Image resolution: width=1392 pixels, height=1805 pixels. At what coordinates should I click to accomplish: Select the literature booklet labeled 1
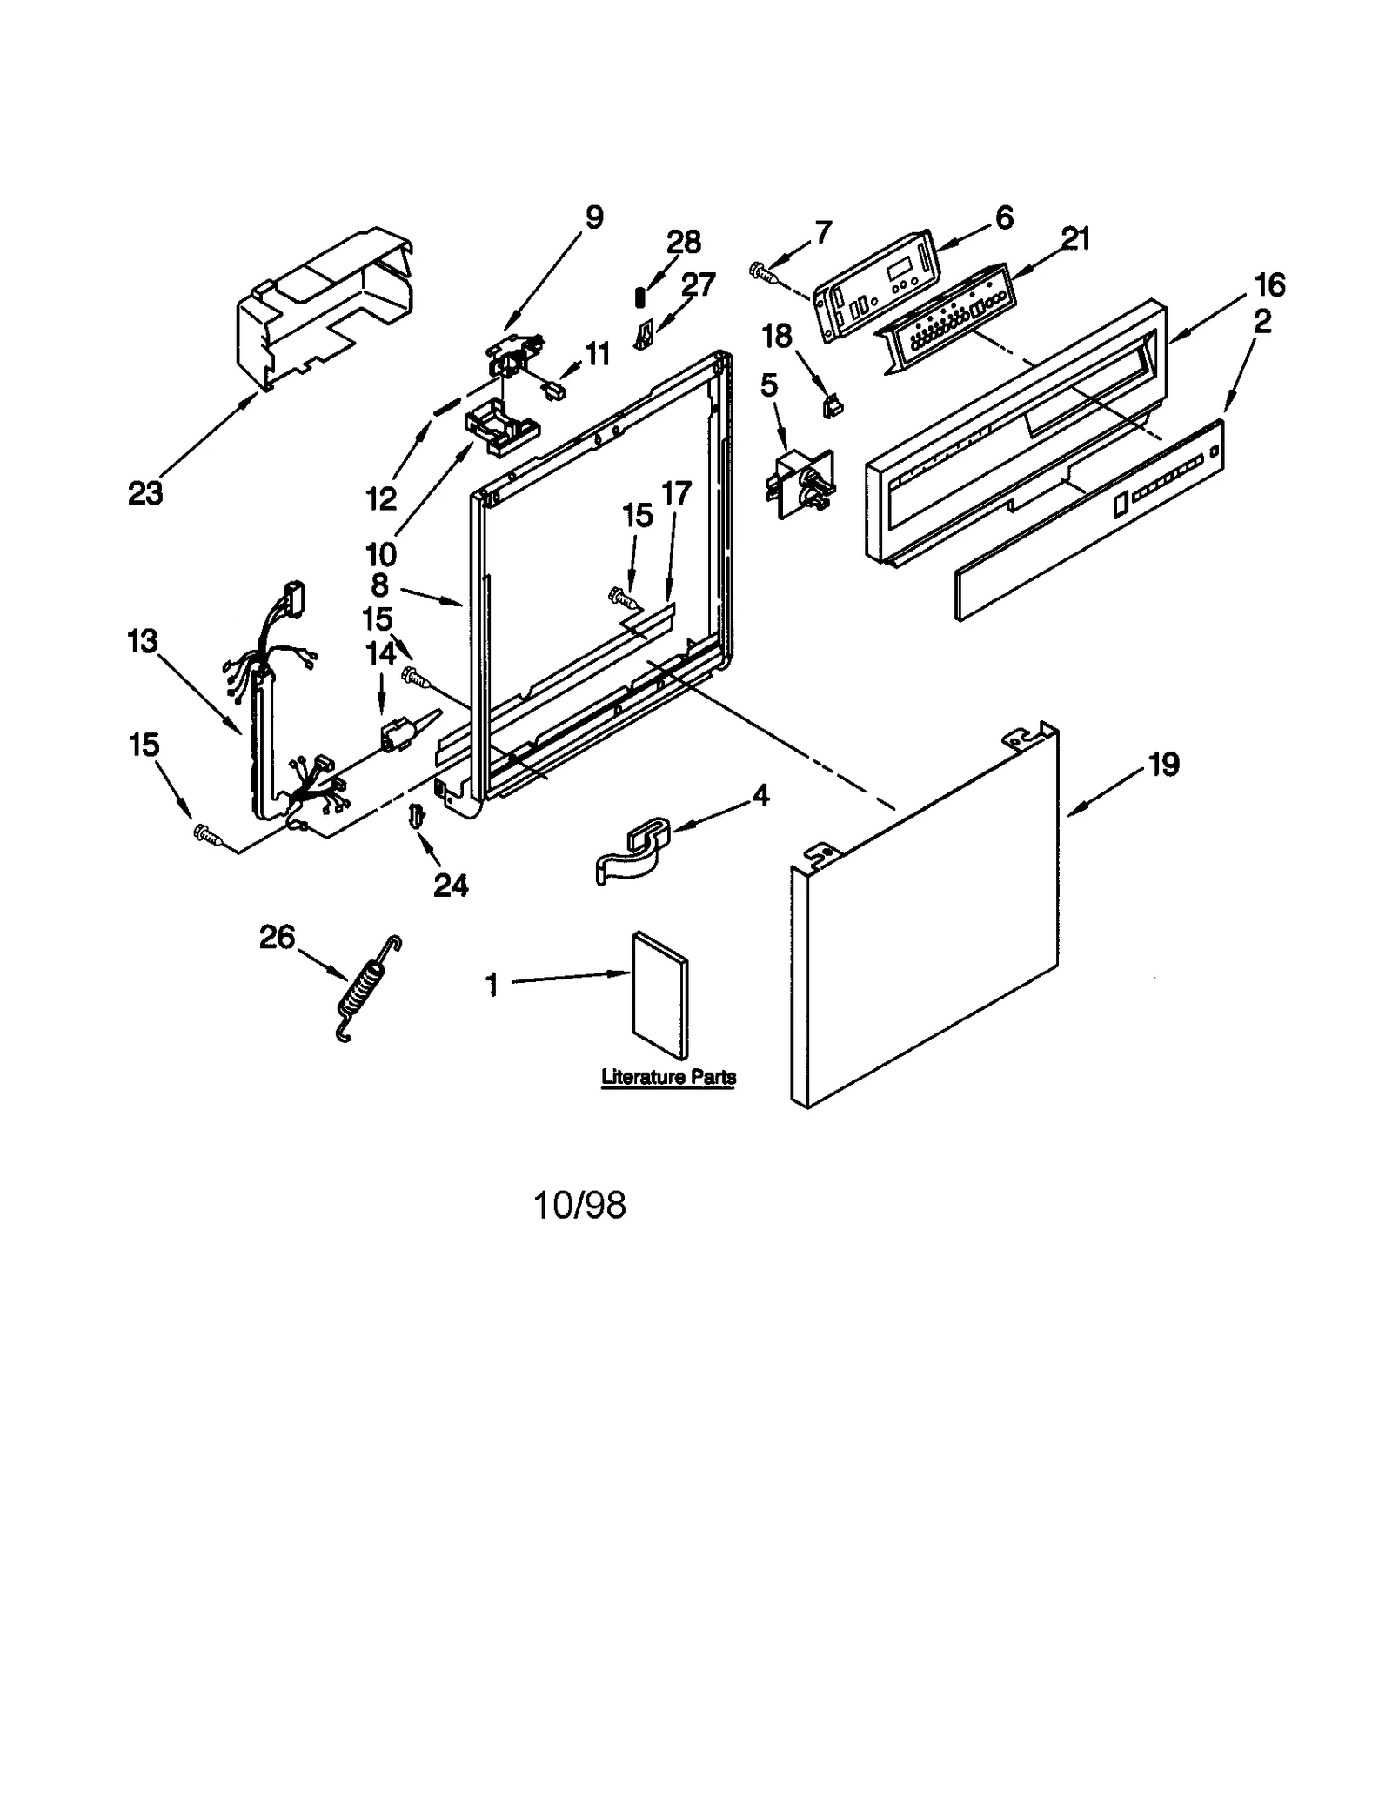point(659,994)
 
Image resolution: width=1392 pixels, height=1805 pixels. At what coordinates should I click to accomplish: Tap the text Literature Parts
point(668,1077)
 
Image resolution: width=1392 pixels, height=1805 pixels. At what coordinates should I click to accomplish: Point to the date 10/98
point(579,1206)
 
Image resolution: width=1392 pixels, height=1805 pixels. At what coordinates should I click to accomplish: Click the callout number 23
point(145,493)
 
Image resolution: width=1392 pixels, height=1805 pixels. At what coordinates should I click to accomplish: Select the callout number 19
point(1163,765)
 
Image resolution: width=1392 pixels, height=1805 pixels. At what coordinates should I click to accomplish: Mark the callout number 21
point(1075,239)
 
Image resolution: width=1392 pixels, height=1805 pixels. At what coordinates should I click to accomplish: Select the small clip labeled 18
point(833,404)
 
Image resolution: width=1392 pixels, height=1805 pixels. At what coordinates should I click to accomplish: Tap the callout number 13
point(143,641)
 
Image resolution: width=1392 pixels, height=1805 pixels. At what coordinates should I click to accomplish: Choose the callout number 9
point(593,217)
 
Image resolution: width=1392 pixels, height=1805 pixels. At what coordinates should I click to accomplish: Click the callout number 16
point(1268,284)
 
